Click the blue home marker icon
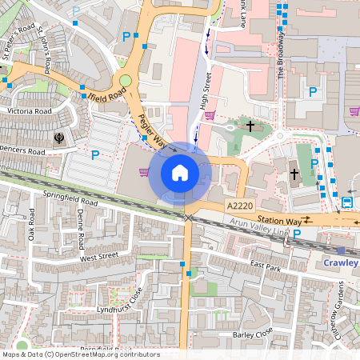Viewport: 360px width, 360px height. pos(180,172)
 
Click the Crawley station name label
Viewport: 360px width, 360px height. pos(341,262)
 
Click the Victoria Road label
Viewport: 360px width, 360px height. pos(29,111)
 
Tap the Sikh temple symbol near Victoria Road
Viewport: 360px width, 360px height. pos(59,138)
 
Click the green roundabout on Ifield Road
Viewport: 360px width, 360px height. pos(125,80)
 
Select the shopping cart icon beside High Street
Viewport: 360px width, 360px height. pos(210,115)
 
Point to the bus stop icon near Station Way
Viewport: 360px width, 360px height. pos(347,202)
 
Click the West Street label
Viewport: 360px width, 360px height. pos(99,257)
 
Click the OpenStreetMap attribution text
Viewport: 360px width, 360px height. pos(81,354)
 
